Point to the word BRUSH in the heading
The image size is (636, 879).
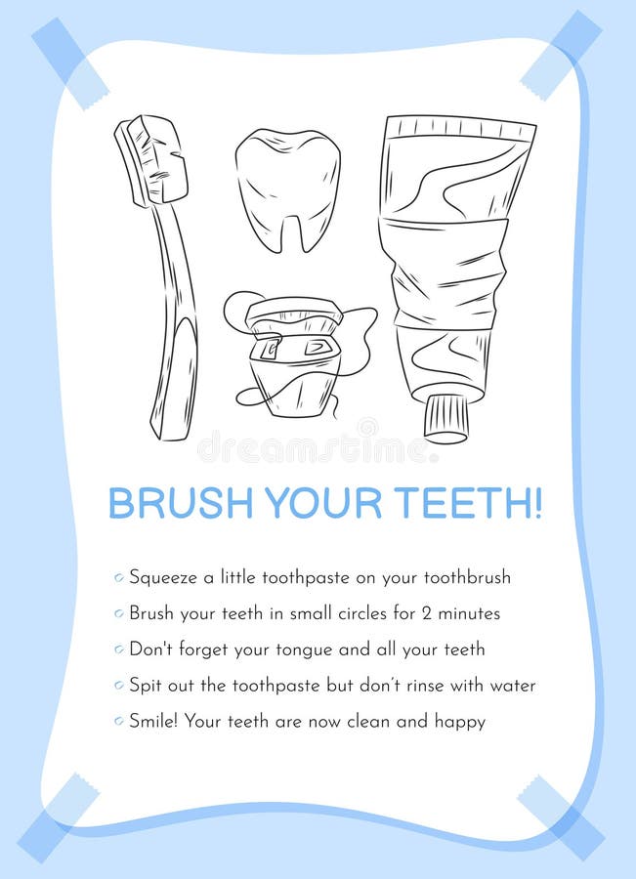[180, 503]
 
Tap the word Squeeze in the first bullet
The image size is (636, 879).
[163, 578]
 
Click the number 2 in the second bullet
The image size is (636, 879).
[427, 613]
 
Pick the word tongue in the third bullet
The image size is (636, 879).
[305, 650]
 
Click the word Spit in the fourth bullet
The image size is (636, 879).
[146, 686]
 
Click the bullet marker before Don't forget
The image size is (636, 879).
[118, 649]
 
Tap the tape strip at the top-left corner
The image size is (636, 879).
[70, 63]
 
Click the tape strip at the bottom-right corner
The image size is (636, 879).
[562, 817]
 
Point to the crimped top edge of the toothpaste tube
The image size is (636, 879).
[461, 128]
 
